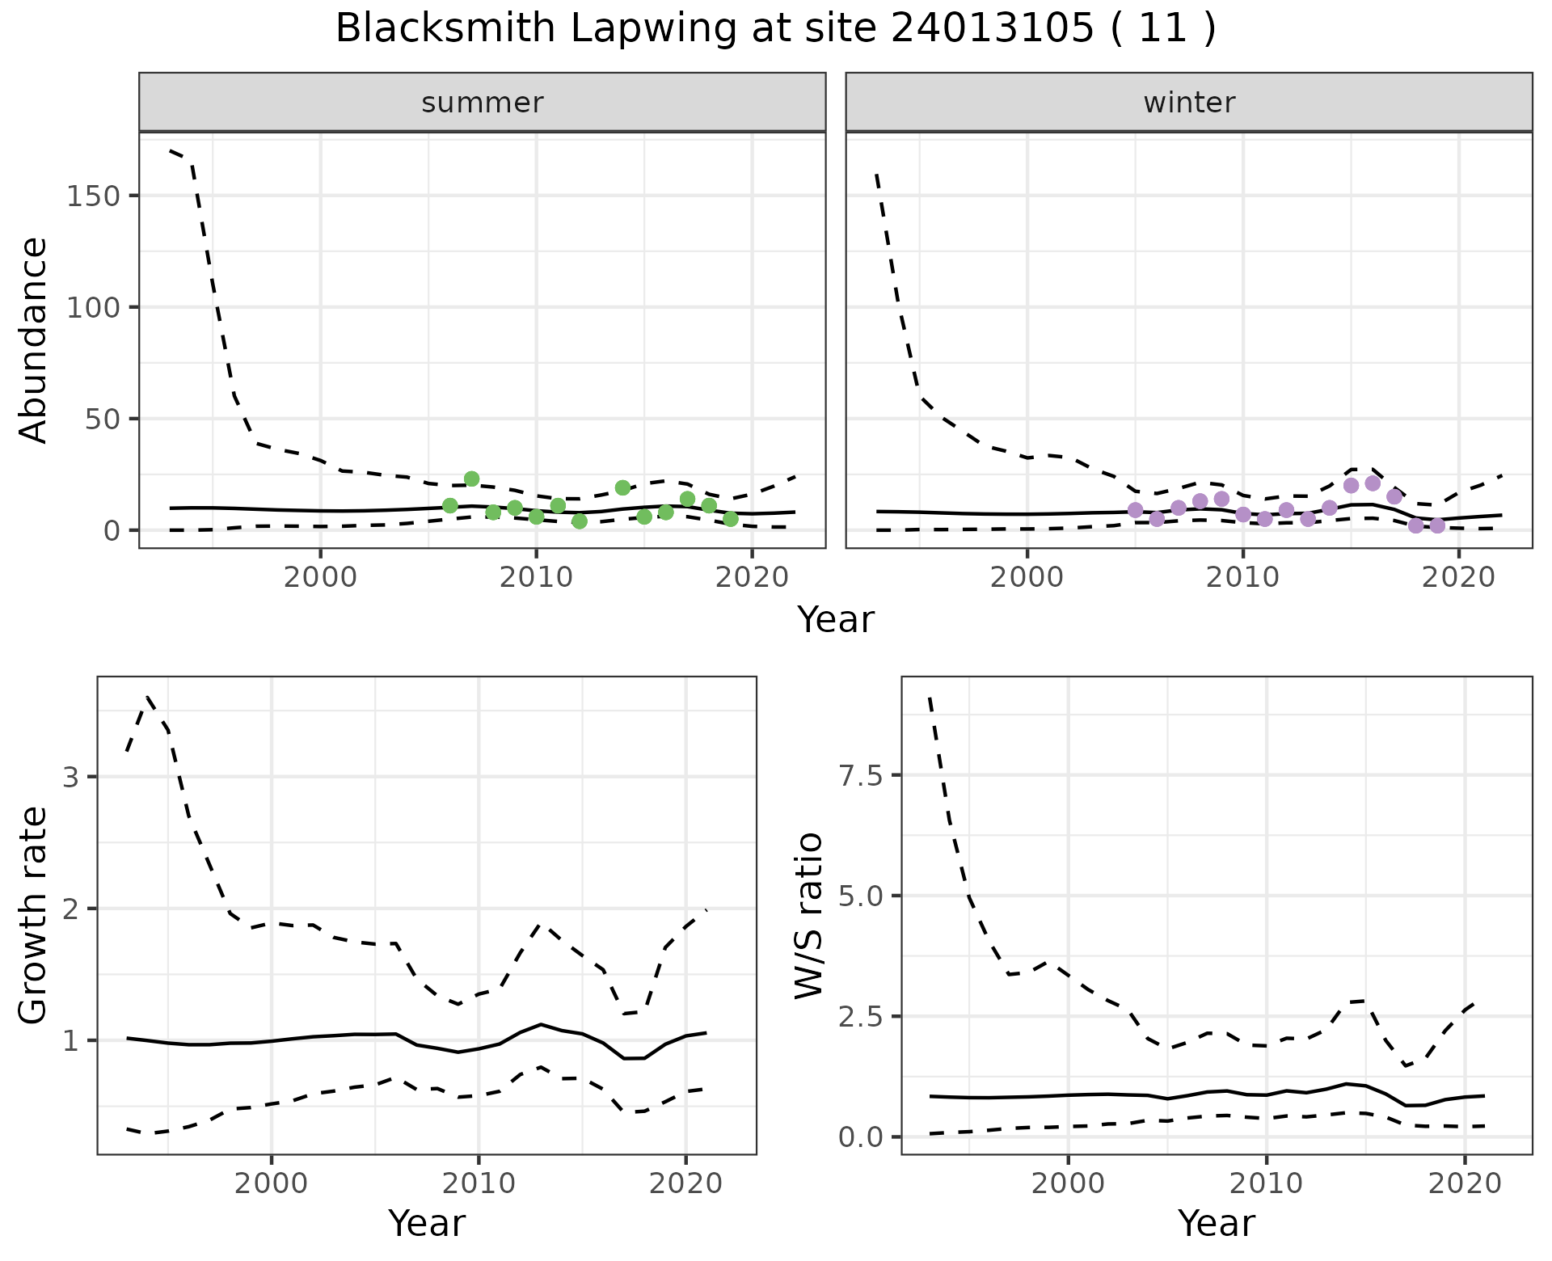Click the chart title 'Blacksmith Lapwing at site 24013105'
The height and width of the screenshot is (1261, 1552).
click(x=774, y=29)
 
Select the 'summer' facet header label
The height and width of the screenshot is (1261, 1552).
click(x=483, y=103)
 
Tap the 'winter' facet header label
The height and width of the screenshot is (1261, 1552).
click(x=1189, y=103)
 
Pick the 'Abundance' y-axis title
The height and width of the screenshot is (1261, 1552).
click(x=34, y=339)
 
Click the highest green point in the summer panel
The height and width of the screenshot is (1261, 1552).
click(x=472, y=479)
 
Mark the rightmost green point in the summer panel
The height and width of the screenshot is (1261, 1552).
click(x=731, y=519)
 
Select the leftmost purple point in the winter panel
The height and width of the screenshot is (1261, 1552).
click(x=1136, y=510)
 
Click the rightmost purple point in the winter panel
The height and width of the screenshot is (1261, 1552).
click(x=1437, y=525)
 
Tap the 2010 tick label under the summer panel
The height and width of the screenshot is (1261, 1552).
click(x=536, y=579)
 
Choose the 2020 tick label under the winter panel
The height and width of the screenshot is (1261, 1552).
click(x=1458, y=579)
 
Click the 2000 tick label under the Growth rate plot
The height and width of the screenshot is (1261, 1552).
click(x=272, y=1184)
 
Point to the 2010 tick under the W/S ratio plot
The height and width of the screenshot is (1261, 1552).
click(x=1267, y=1184)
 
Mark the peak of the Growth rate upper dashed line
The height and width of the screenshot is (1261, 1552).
click(x=148, y=697)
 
